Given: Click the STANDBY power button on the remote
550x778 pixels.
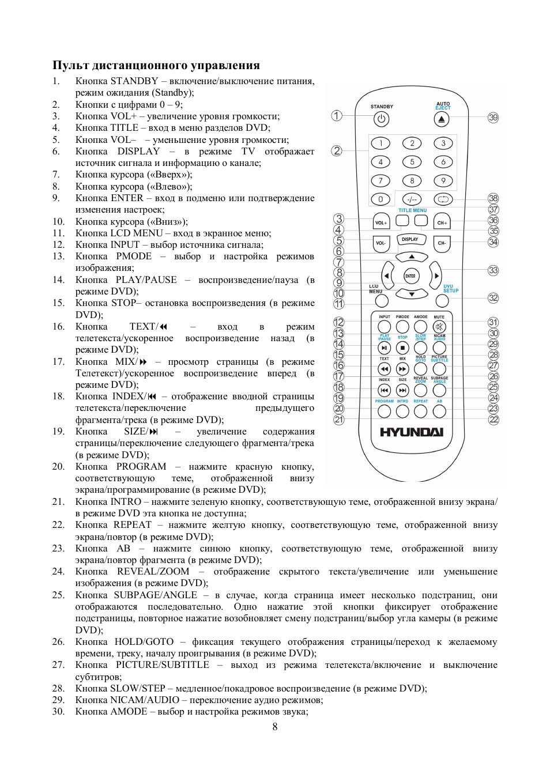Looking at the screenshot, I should pos(381,119).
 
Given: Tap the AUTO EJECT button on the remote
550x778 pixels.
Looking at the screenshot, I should pos(441,119).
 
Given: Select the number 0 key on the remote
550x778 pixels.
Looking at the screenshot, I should pos(381,199).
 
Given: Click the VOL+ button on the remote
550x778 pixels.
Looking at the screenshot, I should pos(381,222).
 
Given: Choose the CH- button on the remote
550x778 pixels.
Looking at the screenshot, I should pos(442,243).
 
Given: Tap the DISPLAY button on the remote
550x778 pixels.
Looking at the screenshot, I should pos(410,240).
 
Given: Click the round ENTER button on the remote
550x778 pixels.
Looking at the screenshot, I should pos(410,276).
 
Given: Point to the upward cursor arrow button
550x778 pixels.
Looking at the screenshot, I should pos(411,257).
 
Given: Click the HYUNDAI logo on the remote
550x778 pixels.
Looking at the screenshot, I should pos(411,432).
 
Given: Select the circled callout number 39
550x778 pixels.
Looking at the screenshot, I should pos(493,118).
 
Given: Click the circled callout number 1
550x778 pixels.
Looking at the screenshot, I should pos(337,116).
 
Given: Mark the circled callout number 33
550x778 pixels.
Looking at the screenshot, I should pos(493,270).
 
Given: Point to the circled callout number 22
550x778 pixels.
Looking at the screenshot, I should pos(494,420).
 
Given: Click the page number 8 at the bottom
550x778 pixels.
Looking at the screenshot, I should pos(275,727).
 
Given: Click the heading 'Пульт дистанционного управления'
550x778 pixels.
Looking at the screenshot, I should pos(156,65).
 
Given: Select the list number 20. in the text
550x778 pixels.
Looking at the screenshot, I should pos(58,466).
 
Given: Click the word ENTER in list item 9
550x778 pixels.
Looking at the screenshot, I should pos(127,198).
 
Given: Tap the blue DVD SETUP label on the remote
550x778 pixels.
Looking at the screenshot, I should pos(450,288).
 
